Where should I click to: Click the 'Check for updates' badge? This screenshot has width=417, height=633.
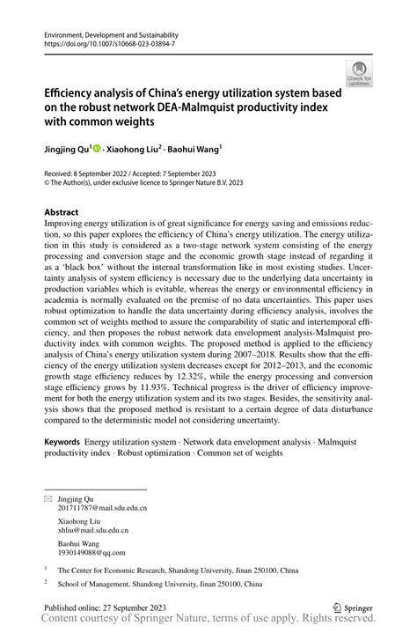click(358, 74)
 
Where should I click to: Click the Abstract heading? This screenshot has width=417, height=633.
click(62, 213)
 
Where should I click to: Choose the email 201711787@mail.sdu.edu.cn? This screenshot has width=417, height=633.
click(102, 508)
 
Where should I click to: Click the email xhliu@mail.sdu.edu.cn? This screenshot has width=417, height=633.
click(93, 530)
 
